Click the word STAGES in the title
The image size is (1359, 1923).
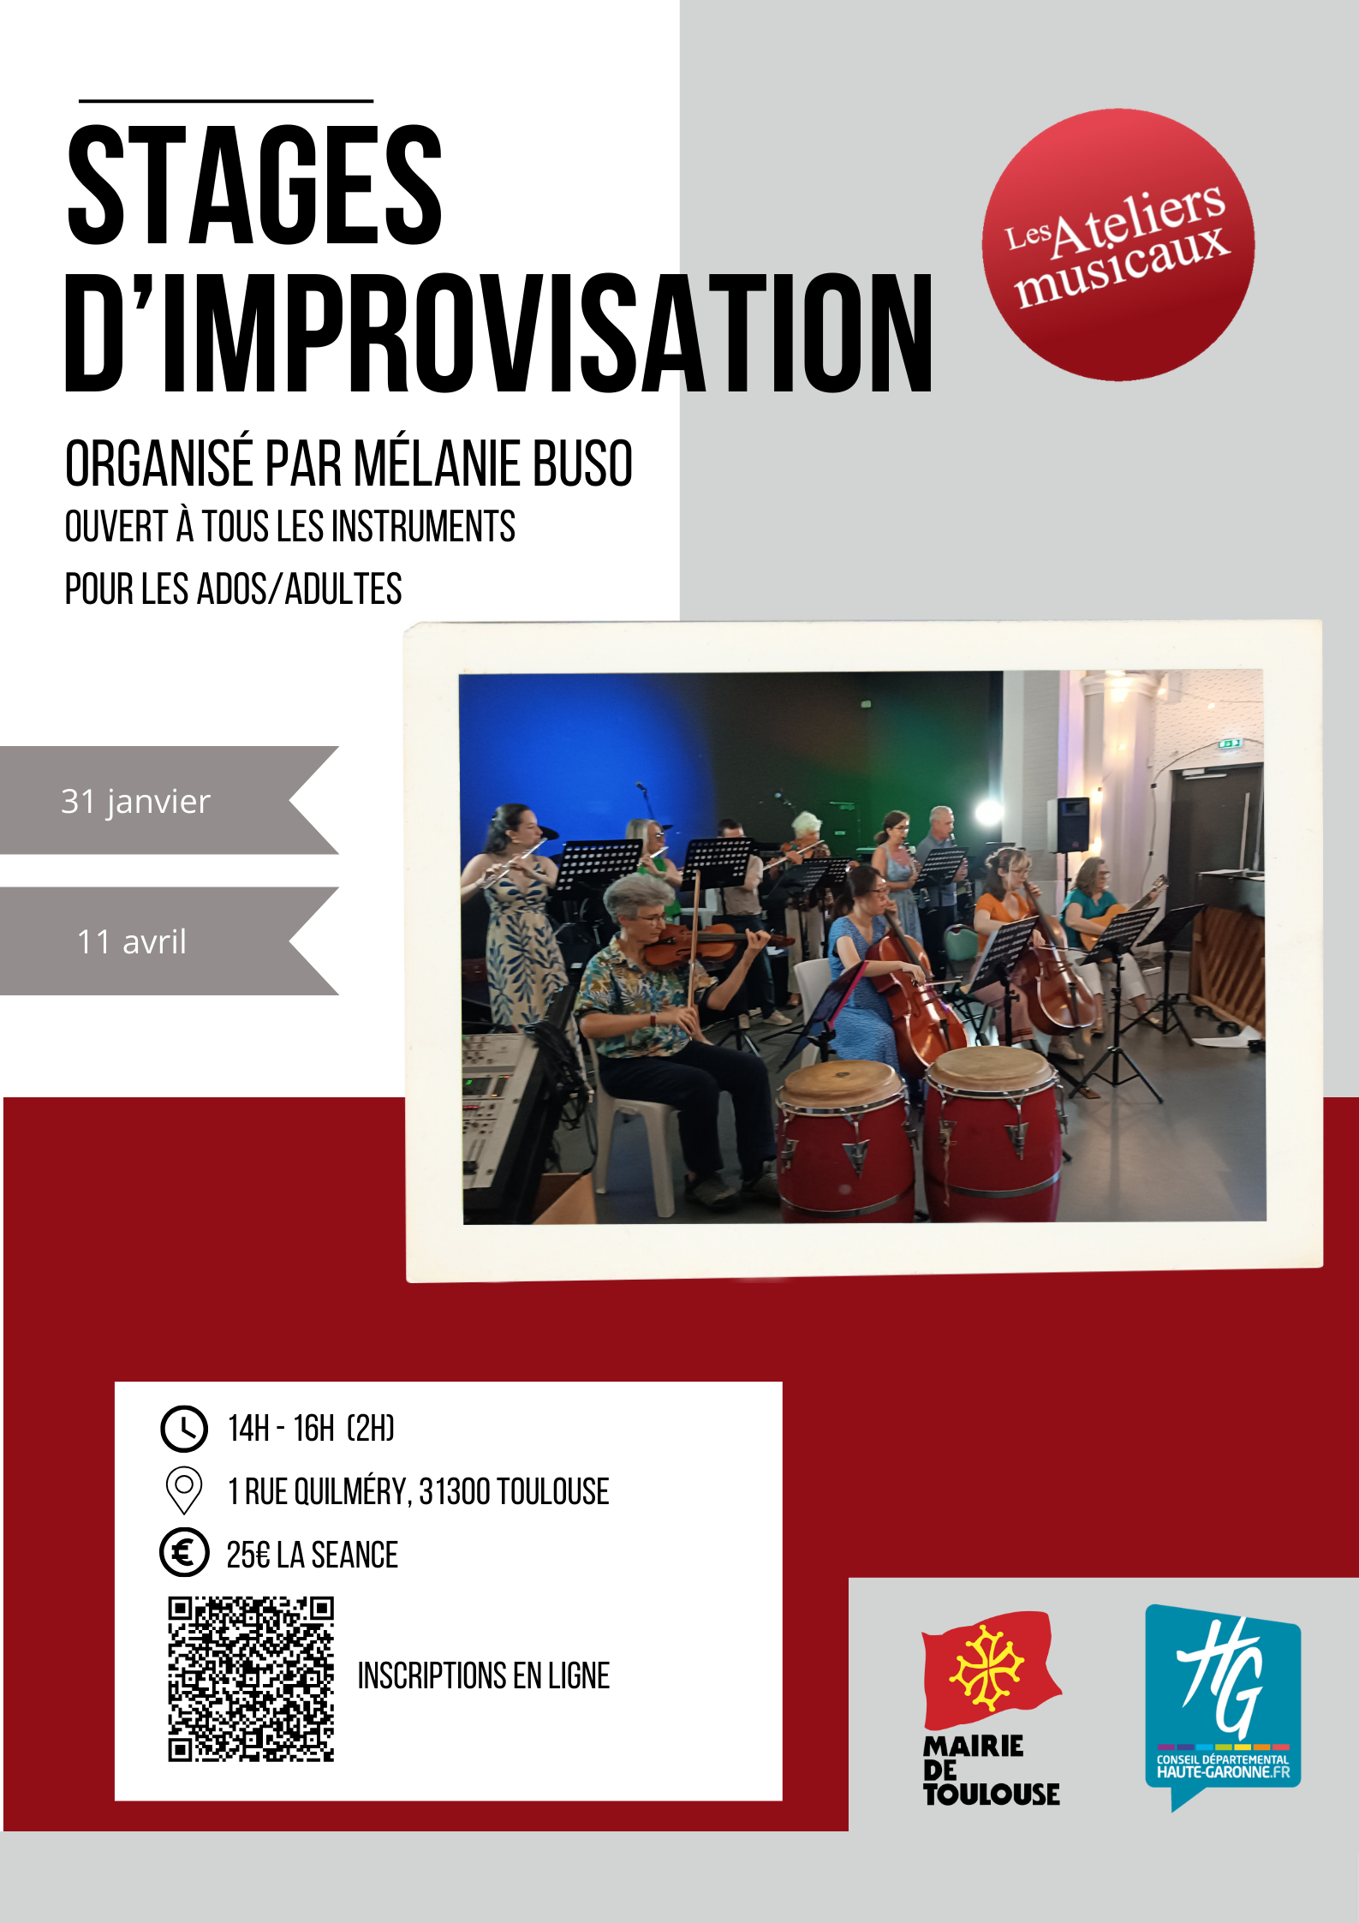tap(254, 184)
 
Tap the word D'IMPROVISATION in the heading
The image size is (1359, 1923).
tap(499, 334)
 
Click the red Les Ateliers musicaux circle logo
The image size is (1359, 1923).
tap(1118, 245)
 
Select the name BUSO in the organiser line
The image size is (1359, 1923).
tap(582, 463)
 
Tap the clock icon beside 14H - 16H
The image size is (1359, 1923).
tap(184, 1429)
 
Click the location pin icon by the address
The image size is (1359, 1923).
tap(183, 1490)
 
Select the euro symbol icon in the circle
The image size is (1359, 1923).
tap(184, 1552)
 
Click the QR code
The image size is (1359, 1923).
tap(251, 1679)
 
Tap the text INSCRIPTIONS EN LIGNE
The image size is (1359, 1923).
tap(484, 1676)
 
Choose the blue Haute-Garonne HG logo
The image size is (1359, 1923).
tap(1223, 1706)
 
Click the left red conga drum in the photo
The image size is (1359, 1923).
tap(843, 1139)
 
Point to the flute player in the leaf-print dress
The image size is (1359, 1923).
tap(516, 912)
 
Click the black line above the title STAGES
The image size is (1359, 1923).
tap(226, 101)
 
